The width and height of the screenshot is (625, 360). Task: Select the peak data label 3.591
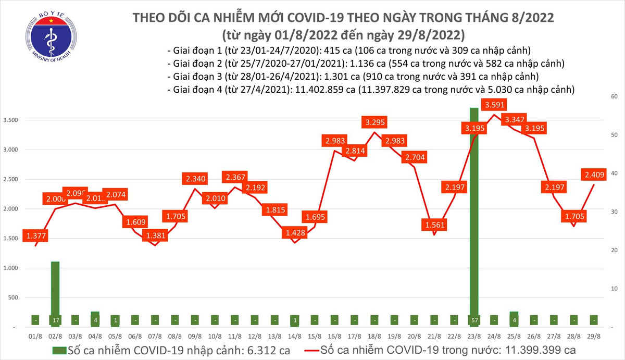coord(494,105)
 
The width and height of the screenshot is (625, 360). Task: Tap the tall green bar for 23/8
coord(474,208)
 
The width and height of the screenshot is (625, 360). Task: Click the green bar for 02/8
coord(55,292)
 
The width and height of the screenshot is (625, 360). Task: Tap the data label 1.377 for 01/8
coord(34,236)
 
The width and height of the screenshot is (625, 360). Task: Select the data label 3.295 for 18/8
coord(376,123)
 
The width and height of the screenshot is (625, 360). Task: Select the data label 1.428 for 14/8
coord(295,233)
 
